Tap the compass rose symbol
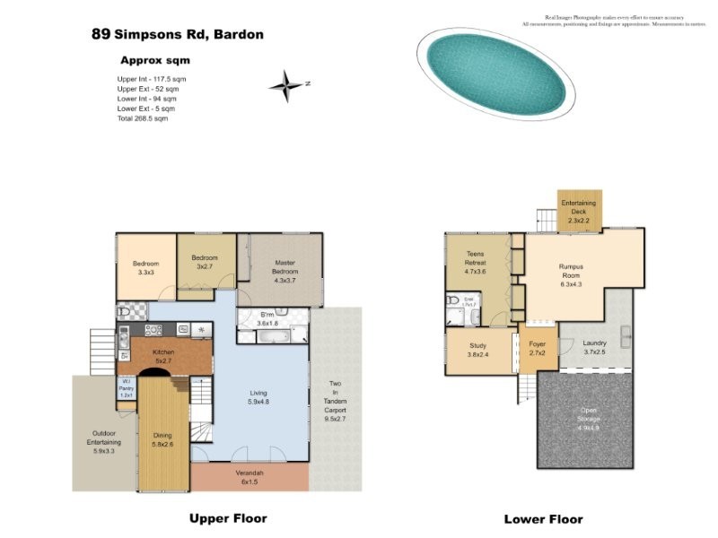click(286, 85)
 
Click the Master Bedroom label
click(284, 271)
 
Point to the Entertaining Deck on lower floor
click(578, 212)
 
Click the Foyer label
click(538, 348)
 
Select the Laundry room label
click(595, 347)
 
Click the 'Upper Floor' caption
click(227, 518)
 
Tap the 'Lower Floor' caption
click(543, 519)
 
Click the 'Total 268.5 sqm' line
click(142, 118)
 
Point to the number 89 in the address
click(101, 35)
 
